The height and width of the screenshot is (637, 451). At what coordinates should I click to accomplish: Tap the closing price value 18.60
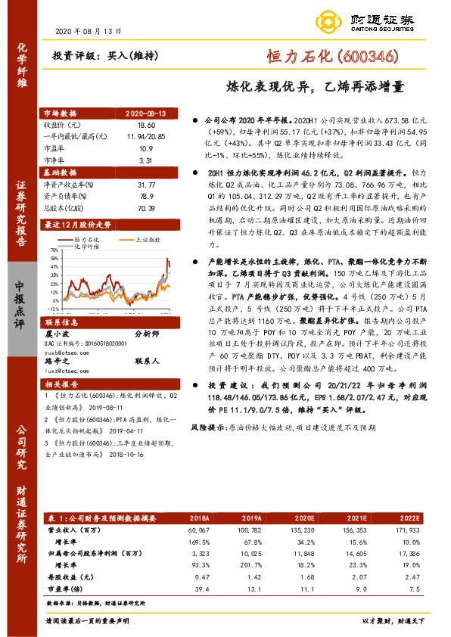tap(146, 124)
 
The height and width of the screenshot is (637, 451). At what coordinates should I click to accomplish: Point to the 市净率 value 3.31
tap(146, 160)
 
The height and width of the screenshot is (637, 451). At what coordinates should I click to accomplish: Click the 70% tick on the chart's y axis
tap(54, 250)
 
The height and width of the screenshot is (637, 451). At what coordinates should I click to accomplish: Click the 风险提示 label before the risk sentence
tap(207, 427)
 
